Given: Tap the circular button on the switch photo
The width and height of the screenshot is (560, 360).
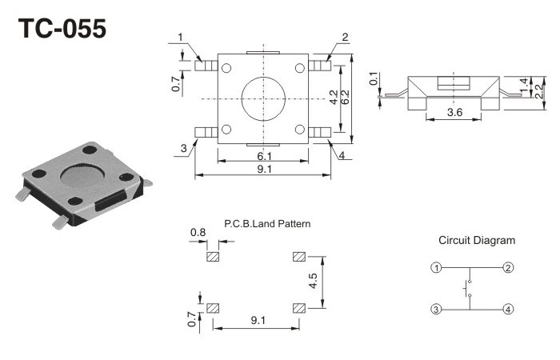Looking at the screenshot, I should (84, 174).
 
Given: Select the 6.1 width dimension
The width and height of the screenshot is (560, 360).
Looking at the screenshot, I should (263, 156).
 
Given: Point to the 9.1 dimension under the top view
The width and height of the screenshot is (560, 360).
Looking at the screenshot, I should (263, 169).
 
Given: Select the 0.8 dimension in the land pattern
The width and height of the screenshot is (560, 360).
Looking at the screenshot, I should (198, 234).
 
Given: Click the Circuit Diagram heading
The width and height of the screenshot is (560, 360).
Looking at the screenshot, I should (477, 240).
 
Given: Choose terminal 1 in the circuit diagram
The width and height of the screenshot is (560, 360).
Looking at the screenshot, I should (436, 267).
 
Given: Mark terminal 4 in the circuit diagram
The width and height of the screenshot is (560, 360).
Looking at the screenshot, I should (508, 309).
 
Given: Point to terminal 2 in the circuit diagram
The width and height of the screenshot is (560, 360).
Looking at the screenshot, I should (508, 267).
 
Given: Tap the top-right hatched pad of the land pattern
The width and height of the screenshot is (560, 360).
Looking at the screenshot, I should (299, 257).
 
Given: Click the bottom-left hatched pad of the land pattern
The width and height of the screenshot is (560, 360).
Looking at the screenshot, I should (214, 308).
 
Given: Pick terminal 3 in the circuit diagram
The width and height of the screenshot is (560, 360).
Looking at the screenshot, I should (436, 309).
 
